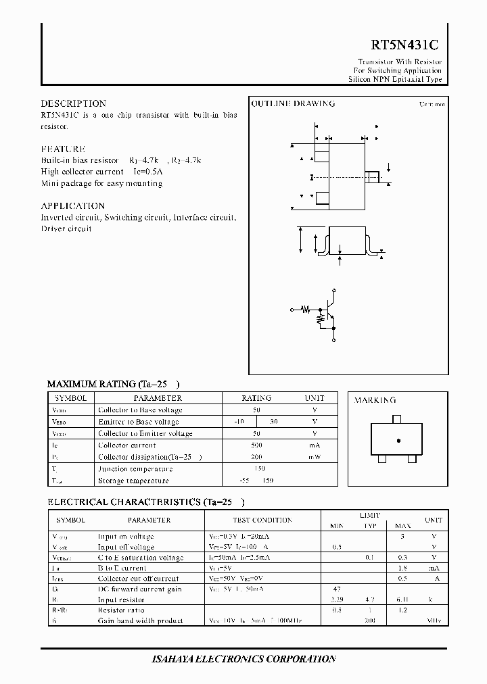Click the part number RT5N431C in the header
pyautogui.click(x=404, y=45)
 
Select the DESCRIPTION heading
pyautogui.click(x=73, y=104)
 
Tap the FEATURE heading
pyautogui.click(x=63, y=149)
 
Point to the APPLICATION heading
pyautogui.click(x=72, y=205)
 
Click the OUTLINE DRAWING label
pyautogui.click(x=293, y=104)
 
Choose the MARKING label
pyautogui.click(x=375, y=400)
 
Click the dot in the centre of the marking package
pyautogui.click(x=398, y=441)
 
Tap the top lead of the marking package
pyautogui.click(x=397, y=419)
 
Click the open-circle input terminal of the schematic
pyautogui.click(x=292, y=310)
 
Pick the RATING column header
pyautogui.click(x=256, y=398)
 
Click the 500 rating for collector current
pyautogui.click(x=256, y=445)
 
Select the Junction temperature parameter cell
pyautogui.click(x=135, y=469)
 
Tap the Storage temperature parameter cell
pyautogui.click(x=133, y=481)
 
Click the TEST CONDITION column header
pyautogui.click(x=262, y=520)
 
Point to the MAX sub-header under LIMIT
pyautogui.click(x=402, y=525)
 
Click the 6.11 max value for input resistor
pyautogui.click(x=402, y=600)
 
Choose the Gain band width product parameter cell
pyautogui.click(x=139, y=620)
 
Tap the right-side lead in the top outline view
pyautogui.click(x=372, y=177)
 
